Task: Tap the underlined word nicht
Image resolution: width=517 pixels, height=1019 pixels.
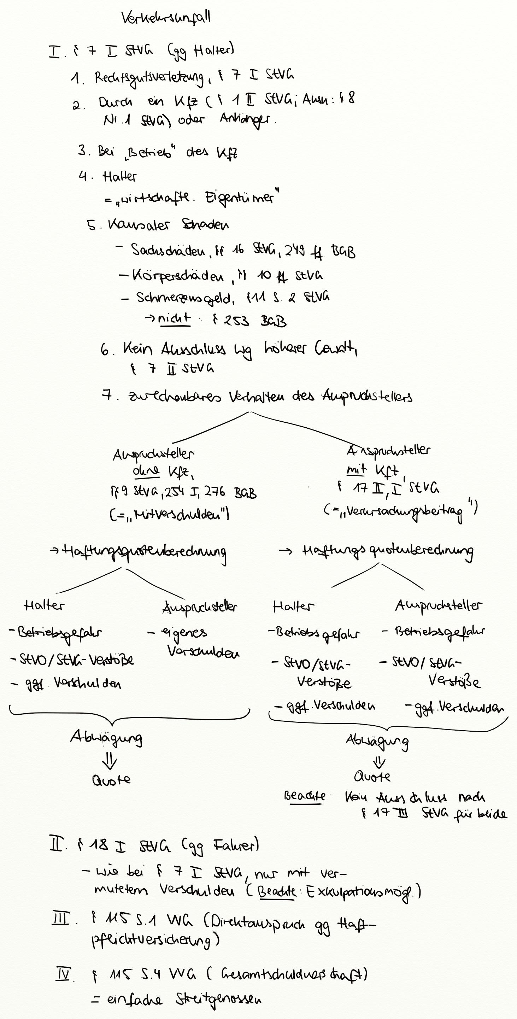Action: tap(174, 319)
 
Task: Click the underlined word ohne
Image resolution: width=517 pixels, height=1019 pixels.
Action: tap(146, 471)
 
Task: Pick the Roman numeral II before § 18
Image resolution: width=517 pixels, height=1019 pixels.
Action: tap(55, 846)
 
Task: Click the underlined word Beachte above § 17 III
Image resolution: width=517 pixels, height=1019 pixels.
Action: tap(305, 796)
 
